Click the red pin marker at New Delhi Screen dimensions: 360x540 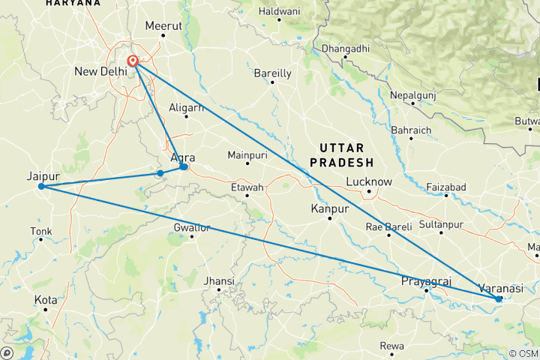point(133,61)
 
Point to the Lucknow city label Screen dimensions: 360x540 point(369,181)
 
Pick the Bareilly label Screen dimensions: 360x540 point(273,73)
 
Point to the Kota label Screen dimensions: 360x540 point(46,300)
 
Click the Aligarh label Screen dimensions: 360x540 point(187,108)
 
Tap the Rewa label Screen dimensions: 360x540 point(391,346)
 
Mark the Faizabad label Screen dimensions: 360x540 point(445,186)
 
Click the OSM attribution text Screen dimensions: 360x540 point(522,353)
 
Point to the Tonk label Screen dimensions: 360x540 point(40,230)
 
